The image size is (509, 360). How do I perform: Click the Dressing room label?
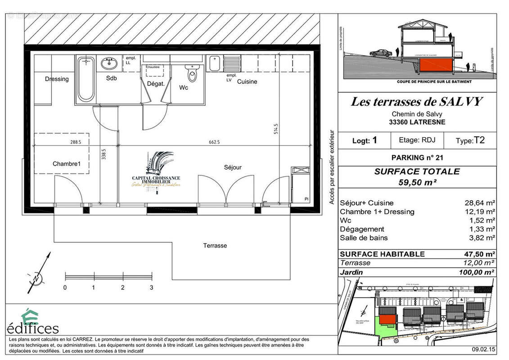[x=57, y=79]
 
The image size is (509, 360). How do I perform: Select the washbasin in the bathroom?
[x=108, y=64]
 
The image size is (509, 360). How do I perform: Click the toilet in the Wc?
[x=193, y=74]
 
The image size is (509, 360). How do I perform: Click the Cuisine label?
[x=247, y=81]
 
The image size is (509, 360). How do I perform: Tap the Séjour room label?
[x=233, y=167]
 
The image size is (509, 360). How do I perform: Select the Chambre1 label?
[x=67, y=164]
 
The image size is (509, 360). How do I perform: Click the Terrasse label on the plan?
[x=215, y=246]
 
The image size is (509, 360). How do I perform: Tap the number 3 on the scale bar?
[x=152, y=287]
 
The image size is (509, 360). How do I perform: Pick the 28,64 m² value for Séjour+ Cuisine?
[x=480, y=203]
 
